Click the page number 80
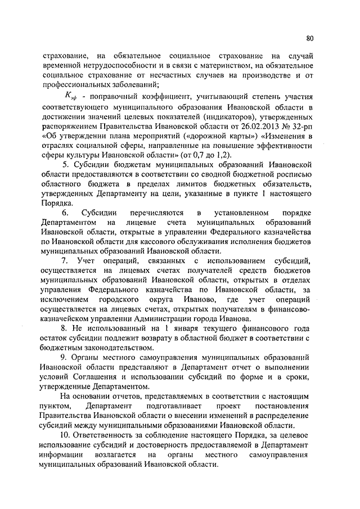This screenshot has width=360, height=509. (x=310, y=38)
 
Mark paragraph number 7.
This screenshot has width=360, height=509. (x=65, y=262)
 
